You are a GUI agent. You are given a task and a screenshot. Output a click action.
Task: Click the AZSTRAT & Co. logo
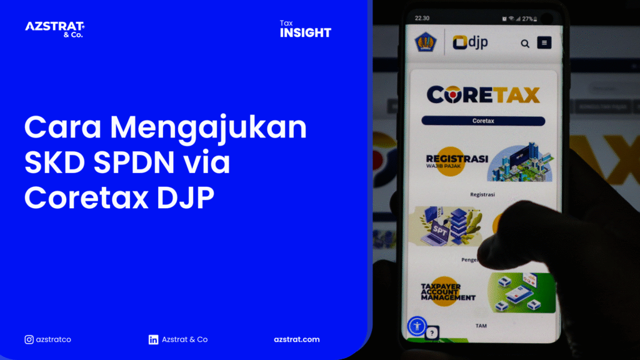(54, 29)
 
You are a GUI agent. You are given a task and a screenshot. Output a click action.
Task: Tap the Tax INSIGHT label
(305, 29)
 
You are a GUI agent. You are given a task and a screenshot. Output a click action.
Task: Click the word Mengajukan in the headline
(209, 129)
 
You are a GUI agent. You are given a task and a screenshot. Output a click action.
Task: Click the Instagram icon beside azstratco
(29, 339)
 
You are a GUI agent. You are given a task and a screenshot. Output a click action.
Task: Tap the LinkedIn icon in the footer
(153, 339)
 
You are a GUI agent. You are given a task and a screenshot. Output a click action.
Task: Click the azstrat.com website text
(297, 339)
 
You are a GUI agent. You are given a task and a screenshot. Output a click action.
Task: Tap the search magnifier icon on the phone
(525, 43)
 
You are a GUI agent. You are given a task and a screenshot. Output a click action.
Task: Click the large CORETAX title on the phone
(482, 94)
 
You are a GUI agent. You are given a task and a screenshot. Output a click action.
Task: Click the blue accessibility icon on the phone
(416, 326)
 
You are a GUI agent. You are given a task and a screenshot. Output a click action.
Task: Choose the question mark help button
(431, 334)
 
